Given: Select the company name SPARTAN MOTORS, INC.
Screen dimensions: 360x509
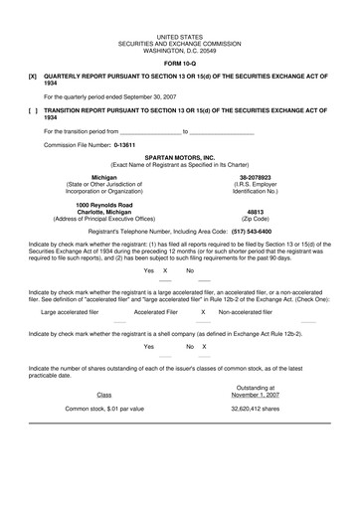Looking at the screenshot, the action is click(x=179, y=157).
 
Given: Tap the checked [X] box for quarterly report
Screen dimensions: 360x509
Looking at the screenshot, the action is click(x=33, y=76).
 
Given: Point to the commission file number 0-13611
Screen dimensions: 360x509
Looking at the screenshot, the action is click(x=123, y=144).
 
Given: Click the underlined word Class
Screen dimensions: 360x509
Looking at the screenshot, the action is click(x=104, y=394).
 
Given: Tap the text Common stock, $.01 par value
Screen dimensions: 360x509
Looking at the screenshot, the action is click(x=104, y=408).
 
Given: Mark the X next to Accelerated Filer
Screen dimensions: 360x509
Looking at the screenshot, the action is click(x=203, y=311).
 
